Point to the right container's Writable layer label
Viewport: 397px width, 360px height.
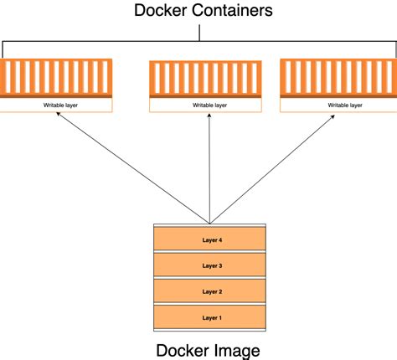[345, 105]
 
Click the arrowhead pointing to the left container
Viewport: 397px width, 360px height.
[59, 117]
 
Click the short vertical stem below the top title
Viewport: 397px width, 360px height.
[199, 32]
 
